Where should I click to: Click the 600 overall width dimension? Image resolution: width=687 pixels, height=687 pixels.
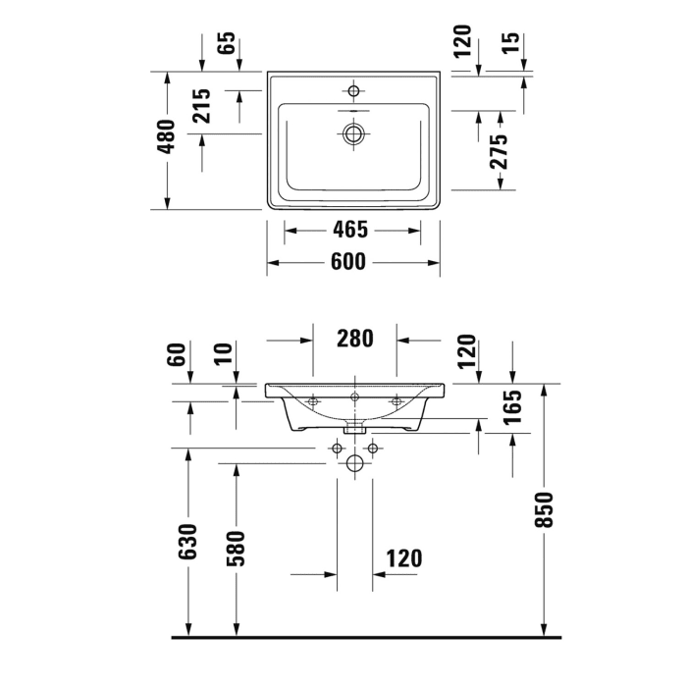348,262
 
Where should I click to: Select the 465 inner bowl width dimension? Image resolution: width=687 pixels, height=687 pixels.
348,231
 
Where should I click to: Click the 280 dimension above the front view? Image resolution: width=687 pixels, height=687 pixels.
354,340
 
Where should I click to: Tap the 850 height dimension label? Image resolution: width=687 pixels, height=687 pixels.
546,508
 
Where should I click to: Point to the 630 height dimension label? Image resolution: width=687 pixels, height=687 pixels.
188,542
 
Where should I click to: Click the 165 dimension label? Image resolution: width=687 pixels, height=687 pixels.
514,407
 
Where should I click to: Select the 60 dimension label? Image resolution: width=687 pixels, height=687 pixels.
178,354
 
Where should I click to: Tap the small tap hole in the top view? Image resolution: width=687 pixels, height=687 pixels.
353,91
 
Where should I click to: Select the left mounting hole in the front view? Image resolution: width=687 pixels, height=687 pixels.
312,400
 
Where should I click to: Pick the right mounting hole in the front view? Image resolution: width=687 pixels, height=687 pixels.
397,400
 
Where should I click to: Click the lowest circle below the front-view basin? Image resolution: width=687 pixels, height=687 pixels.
354,464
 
